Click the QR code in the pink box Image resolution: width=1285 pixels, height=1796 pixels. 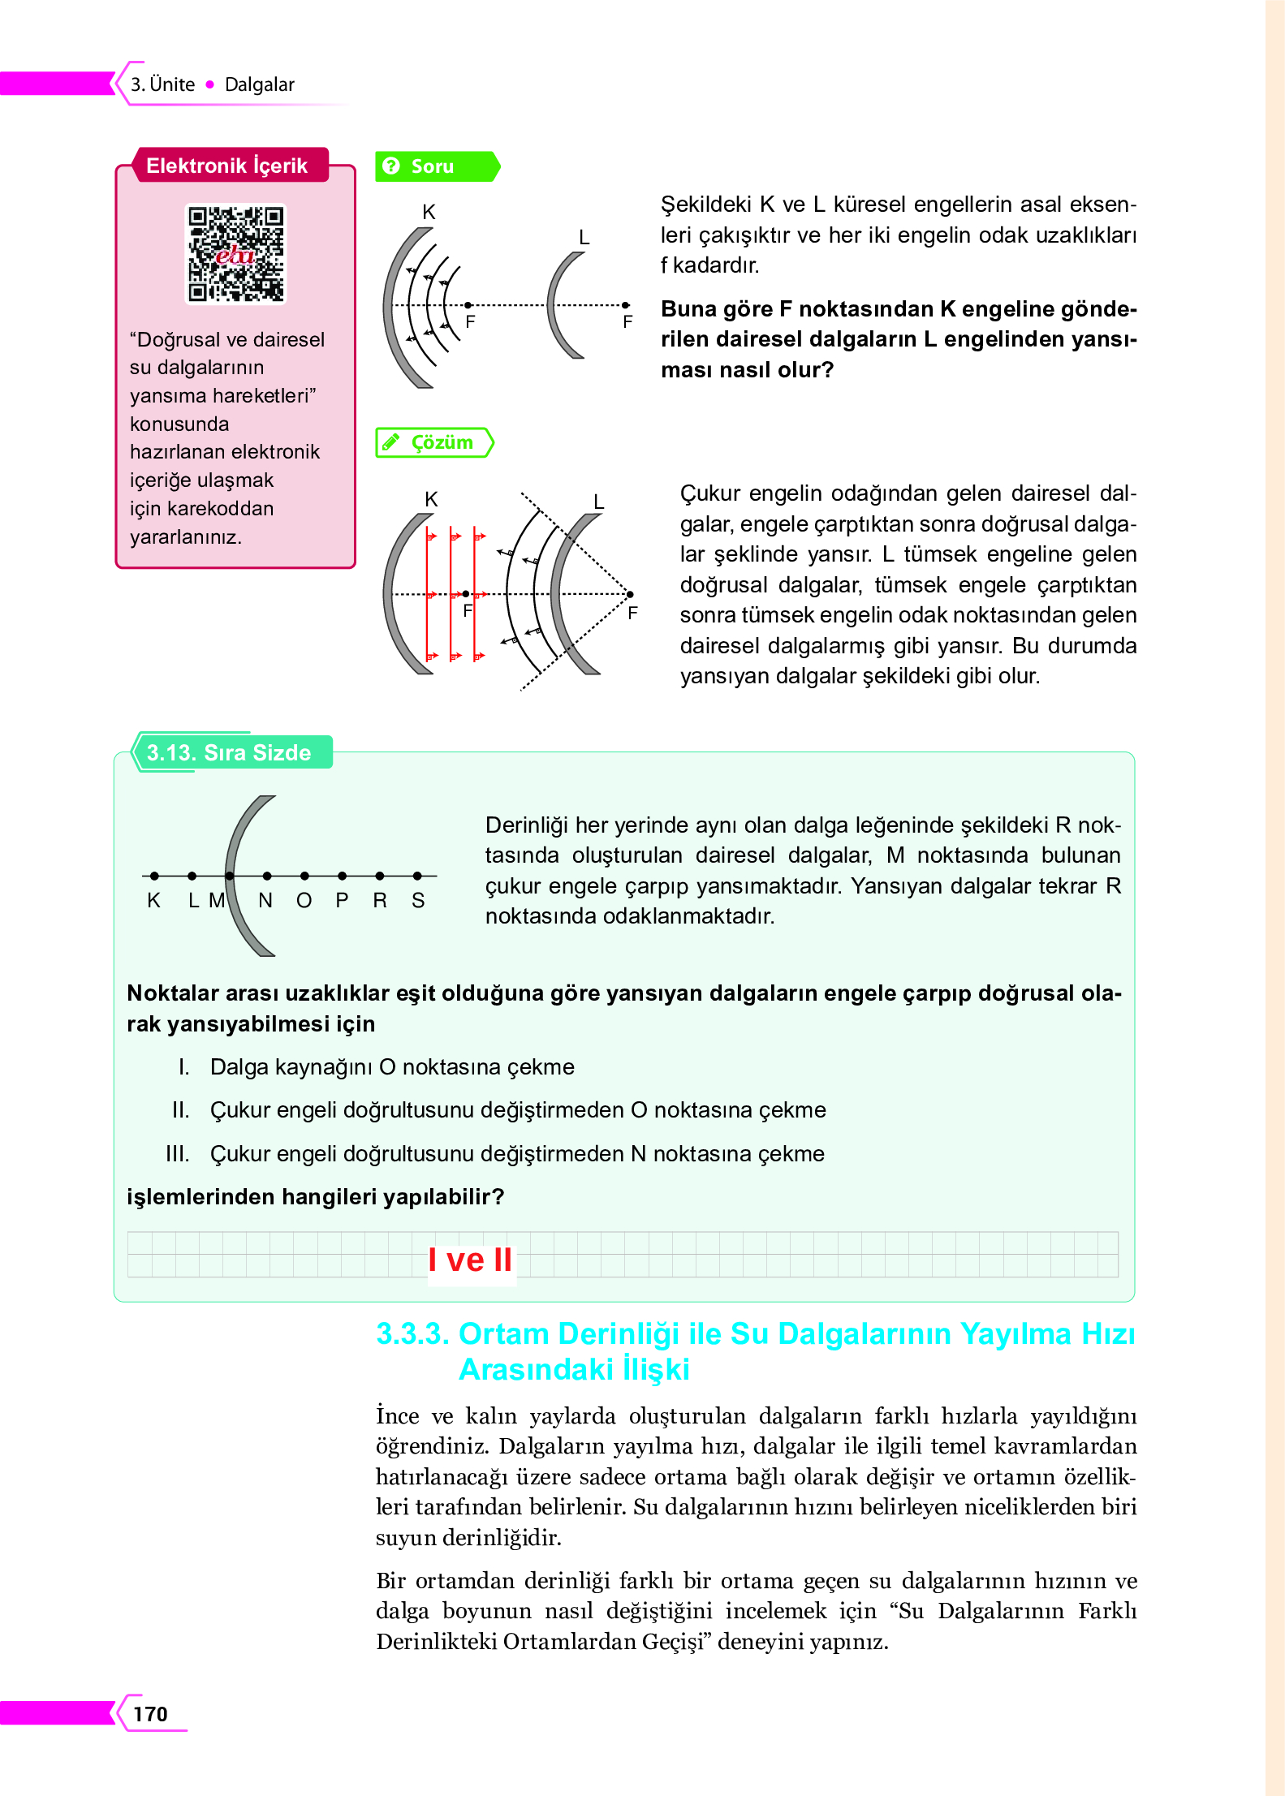click(x=235, y=253)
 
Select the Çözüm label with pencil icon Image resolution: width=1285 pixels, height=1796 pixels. click(x=434, y=442)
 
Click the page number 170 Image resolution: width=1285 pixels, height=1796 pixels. click(x=150, y=1713)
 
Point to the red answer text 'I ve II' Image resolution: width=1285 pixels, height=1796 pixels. click(x=470, y=1260)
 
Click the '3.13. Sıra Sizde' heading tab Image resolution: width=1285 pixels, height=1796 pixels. click(x=229, y=752)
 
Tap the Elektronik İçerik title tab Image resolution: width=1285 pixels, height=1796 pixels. click(x=226, y=166)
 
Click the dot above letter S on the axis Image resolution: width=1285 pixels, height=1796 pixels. click(x=417, y=876)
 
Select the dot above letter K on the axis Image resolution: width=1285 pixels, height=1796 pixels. click(x=154, y=876)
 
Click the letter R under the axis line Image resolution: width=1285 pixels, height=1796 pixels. click(x=379, y=900)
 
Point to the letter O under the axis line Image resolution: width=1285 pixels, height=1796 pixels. click(x=304, y=900)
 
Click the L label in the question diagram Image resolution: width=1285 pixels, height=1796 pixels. click(x=584, y=238)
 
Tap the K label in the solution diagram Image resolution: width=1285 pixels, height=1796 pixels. click(x=431, y=499)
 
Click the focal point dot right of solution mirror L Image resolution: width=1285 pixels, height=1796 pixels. click(x=630, y=594)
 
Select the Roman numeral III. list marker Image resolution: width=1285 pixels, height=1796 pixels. click(x=177, y=1153)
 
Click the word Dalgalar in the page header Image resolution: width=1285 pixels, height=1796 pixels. click(x=259, y=84)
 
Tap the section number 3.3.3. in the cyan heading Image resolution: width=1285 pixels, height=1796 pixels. click(x=412, y=1333)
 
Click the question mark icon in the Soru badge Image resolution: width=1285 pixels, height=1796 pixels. click(x=391, y=166)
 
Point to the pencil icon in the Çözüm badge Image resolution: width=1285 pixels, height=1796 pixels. click(x=391, y=442)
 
